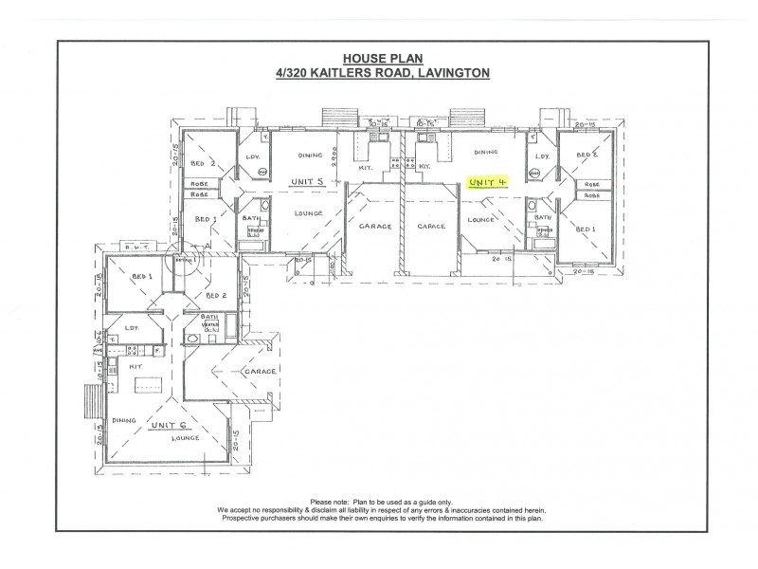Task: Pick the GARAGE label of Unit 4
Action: [x=432, y=227]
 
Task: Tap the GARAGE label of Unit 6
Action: [x=261, y=371]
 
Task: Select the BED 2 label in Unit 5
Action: [x=201, y=162]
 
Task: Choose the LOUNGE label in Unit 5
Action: [x=303, y=213]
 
